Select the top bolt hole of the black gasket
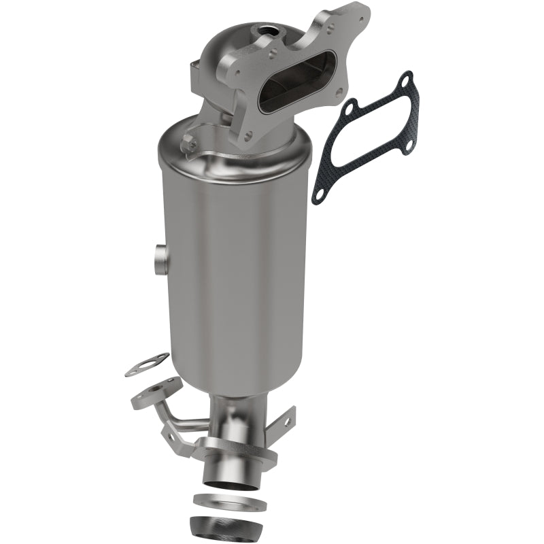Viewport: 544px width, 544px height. click(407, 82)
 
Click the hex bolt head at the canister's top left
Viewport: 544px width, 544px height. click(190, 144)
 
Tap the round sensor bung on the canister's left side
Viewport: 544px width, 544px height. click(160, 258)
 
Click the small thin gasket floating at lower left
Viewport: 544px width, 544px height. click(147, 366)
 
